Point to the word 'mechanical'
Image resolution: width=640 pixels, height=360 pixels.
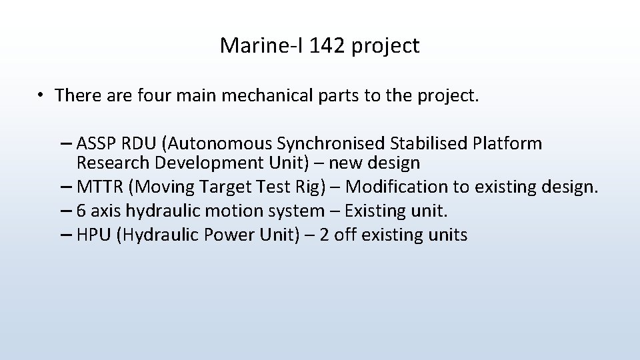pos(267,95)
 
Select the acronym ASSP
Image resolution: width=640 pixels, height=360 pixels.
pos(97,143)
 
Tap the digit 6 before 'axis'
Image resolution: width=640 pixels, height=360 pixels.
pos(81,211)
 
